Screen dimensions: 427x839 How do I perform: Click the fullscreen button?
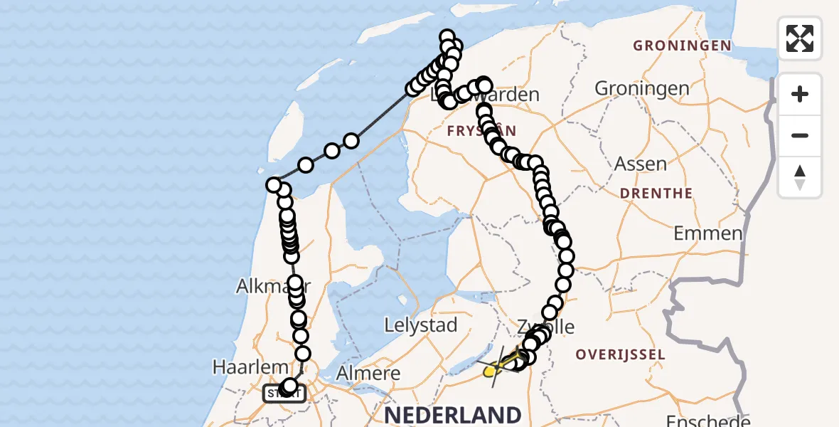pyautogui.click(x=800, y=38)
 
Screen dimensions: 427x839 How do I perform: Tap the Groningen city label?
pyautogui.click(x=641, y=88)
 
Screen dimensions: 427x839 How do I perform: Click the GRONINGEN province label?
pyautogui.click(x=682, y=46)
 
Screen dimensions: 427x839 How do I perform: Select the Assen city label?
pyautogui.click(x=640, y=164)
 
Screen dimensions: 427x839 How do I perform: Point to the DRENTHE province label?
pyautogui.click(x=656, y=193)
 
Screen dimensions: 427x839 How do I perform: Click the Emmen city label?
pyautogui.click(x=708, y=233)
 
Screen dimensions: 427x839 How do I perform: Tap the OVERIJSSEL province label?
pyautogui.click(x=620, y=354)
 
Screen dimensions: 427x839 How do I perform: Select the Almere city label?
pyautogui.click(x=368, y=373)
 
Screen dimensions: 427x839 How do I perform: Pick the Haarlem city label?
pyautogui.click(x=250, y=367)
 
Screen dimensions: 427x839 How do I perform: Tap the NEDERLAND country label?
pyautogui.click(x=452, y=414)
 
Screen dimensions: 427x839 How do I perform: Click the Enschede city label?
pyautogui.click(x=708, y=420)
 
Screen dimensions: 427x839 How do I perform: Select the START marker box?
pyautogui.click(x=284, y=393)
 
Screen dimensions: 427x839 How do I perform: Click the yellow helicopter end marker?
pyautogui.click(x=491, y=371)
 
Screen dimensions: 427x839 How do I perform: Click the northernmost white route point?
pyautogui.click(x=447, y=37)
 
